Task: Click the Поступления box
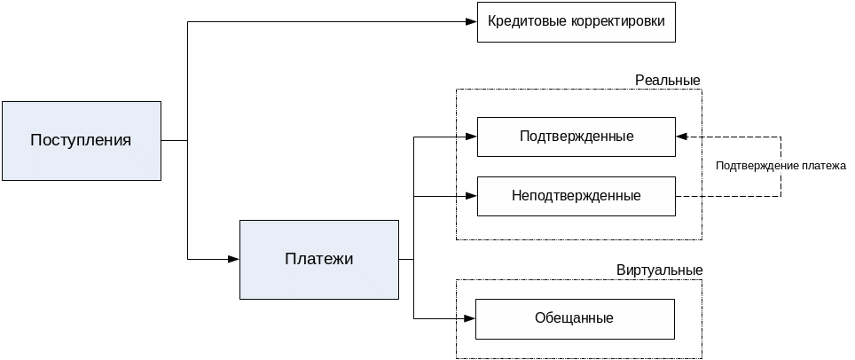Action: coord(81,140)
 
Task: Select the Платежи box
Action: coord(319,259)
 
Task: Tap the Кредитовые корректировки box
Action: coord(577,21)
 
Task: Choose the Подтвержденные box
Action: coord(577,137)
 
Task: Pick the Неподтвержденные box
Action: coord(577,195)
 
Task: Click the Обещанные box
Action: coord(575,318)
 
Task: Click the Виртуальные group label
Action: coord(659,270)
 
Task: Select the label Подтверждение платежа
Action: coord(780,165)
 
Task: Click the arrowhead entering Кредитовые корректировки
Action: coord(472,21)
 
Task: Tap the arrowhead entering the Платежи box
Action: coord(234,259)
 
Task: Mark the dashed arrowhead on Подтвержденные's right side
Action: coord(681,137)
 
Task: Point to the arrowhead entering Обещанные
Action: coord(470,317)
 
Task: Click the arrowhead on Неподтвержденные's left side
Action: coord(472,195)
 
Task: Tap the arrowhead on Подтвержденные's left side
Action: coord(472,137)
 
